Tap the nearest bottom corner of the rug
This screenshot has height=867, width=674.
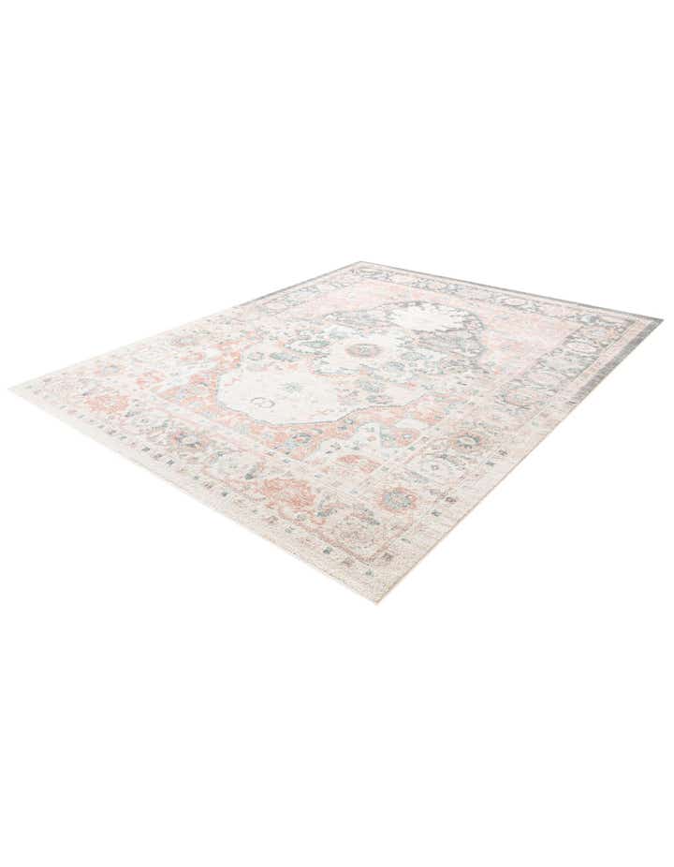376,600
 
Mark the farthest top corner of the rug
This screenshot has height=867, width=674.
359,263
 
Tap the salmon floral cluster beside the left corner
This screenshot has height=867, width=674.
103,403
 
